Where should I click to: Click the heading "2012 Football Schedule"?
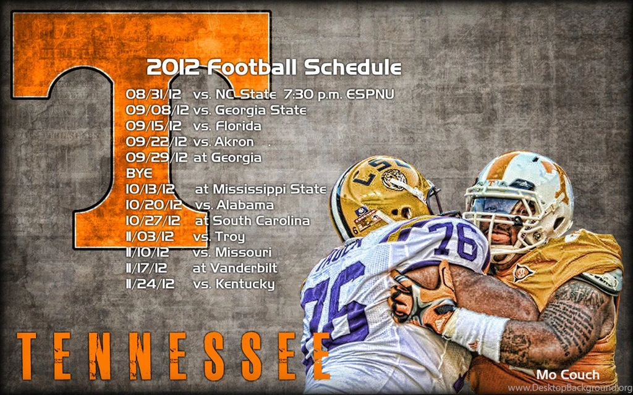(x=274, y=67)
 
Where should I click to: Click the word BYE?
(x=139, y=173)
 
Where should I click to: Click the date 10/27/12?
(x=153, y=220)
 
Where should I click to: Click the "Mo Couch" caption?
(x=567, y=375)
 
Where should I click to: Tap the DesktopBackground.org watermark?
(x=568, y=388)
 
